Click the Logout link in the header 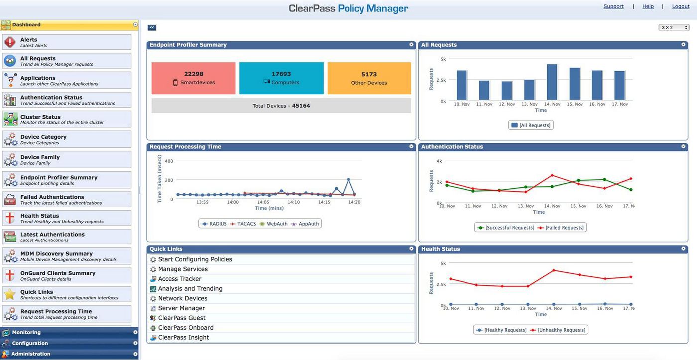coord(680,6)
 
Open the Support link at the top coord(613,6)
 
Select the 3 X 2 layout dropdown coord(674,28)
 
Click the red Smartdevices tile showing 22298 coord(193,78)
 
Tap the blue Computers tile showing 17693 coord(281,78)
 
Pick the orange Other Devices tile coord(369,78)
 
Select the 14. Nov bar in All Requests coord(552,82)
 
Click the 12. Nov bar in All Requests coord(507,91)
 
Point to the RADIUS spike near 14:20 coord(348,179)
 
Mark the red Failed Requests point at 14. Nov coord(552,175)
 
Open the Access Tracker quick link coord(179,279)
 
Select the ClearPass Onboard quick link coord(185,328)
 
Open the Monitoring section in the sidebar coord(26,332)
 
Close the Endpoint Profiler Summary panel coord(411,45)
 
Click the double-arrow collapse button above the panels coord(152,28)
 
